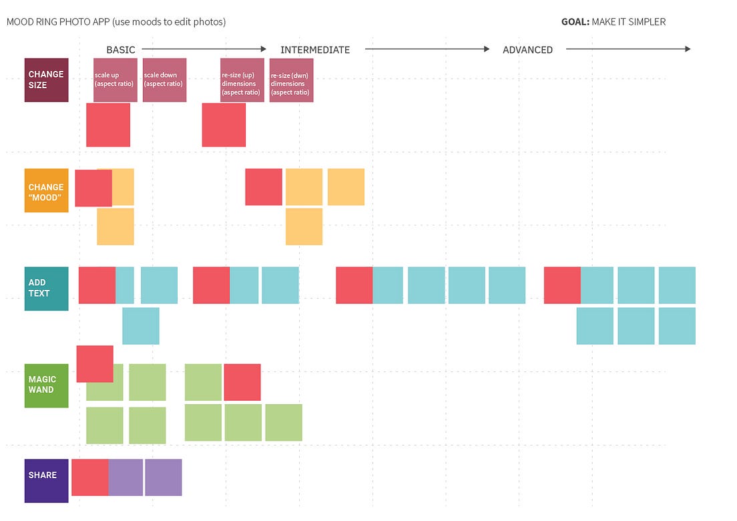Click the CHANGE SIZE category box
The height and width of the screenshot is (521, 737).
(46, 79)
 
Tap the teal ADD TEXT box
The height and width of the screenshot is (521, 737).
(46, 289)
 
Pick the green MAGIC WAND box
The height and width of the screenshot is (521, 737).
(46, 385)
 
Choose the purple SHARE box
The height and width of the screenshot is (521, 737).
(46, 480)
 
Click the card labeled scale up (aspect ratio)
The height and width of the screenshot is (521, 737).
(115, 80)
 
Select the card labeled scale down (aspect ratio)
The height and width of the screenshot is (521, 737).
(164, 80)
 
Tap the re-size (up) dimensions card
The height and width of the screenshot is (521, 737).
(242, 80)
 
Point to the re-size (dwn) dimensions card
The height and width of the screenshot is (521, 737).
(291, 80)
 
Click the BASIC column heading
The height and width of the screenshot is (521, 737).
(121, 49)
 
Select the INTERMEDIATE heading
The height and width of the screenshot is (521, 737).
(314, 49)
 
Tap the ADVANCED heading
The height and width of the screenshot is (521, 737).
(527, 49)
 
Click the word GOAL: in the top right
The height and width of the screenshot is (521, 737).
(575, 22)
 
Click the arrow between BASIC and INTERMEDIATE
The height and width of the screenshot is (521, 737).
(204, 49)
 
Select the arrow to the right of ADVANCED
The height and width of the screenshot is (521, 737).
(628, 49)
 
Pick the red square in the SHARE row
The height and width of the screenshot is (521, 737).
(89, 477)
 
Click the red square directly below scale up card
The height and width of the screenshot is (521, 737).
(108, 125)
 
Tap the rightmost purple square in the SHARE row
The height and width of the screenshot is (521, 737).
(163, 477)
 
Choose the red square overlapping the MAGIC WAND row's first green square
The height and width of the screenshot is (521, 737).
(95, 363)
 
